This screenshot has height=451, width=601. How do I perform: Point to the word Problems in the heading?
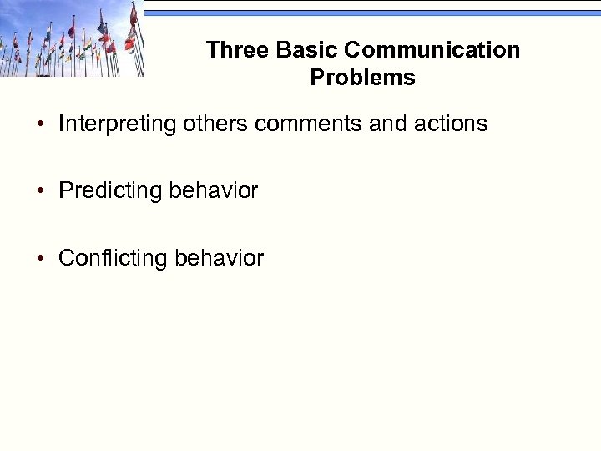[362, 78]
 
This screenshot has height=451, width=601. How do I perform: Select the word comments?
[308, 124]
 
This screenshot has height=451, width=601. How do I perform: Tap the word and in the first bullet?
[386, 124]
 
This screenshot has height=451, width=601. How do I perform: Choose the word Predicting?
[110, 191]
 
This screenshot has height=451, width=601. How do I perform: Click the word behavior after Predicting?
[213, 191]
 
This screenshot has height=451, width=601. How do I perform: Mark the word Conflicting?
[113, 258]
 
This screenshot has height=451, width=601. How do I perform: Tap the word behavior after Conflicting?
[219, 258]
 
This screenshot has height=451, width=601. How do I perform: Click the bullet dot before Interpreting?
[40, 125]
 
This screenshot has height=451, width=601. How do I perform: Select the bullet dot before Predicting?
[40, 192]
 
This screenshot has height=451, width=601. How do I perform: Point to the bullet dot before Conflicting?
[40, 259]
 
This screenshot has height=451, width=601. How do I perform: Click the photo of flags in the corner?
[71, 38]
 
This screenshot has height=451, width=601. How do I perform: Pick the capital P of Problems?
[317, 78]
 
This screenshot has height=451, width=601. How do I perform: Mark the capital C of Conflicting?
[66, 258]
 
